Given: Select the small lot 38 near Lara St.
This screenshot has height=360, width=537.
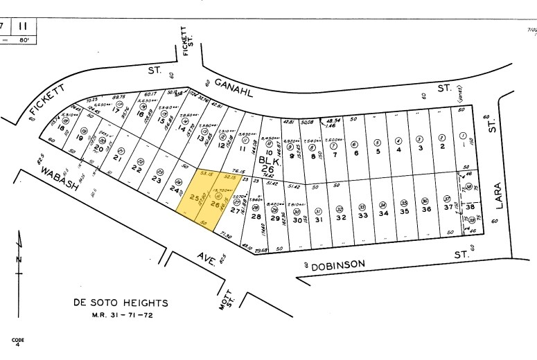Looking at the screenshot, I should [x=469, y=207].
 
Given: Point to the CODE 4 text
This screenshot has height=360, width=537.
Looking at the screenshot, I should [x=17, y=341].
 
